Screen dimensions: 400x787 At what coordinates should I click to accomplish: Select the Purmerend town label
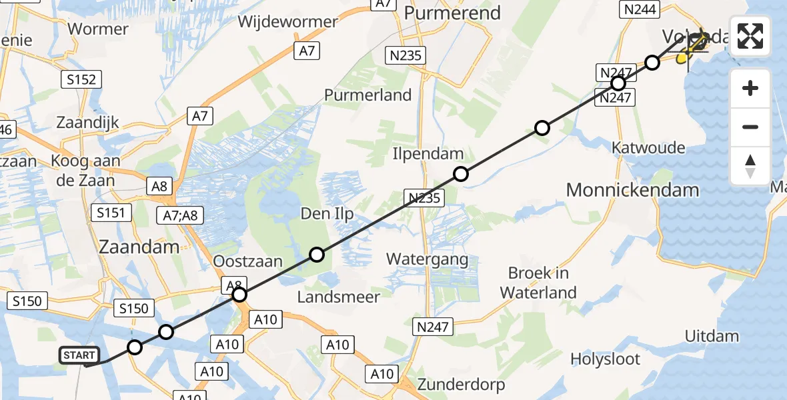[452, 13]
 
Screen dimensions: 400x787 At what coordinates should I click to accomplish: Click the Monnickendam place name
[632, 189]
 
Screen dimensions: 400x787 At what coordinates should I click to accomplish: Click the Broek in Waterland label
[538, 282]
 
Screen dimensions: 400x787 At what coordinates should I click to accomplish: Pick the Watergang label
[427, 259]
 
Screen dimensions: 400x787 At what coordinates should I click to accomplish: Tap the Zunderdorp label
[461, 384]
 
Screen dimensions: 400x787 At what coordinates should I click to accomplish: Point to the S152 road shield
[82, 80]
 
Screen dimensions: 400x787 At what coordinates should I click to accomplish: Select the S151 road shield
[111, 213]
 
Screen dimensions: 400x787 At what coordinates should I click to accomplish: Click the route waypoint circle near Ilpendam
[460, 175]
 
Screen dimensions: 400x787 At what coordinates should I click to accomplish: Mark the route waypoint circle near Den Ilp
[317, 255]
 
